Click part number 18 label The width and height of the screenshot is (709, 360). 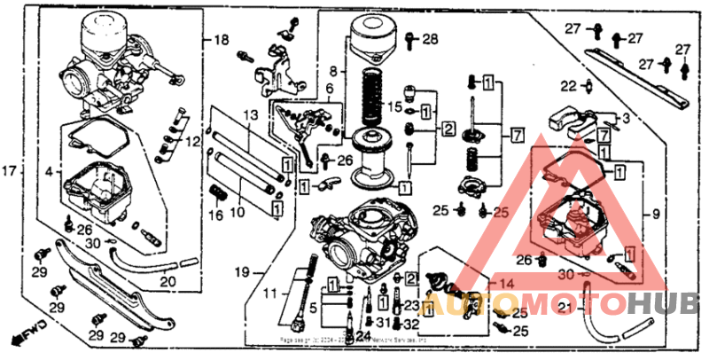click(x=221, y=40)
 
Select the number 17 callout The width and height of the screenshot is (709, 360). click(x=10, y=170)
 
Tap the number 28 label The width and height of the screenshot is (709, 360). click(x=430, y=39)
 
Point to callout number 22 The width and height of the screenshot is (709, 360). click(x=569, y=85)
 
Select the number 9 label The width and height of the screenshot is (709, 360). click(x=657, y=214)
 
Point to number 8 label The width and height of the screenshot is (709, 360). click(x=334, y=70)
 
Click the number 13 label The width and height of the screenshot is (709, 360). click(x=250, y=114)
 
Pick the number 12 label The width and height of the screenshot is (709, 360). click(x=193, y=141)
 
